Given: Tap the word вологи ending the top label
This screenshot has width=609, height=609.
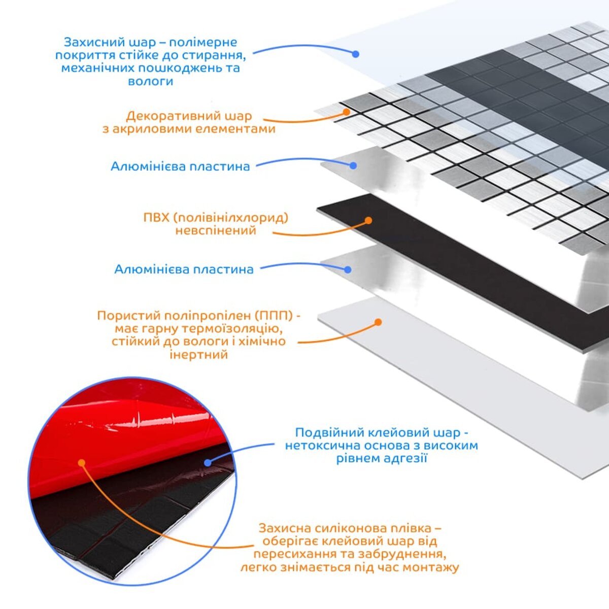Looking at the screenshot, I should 151,81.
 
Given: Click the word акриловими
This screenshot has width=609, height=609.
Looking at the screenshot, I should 155,129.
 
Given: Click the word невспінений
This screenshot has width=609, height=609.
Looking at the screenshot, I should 216,231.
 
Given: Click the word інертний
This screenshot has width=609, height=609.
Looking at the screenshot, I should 198,354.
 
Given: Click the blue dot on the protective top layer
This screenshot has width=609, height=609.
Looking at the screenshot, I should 356,53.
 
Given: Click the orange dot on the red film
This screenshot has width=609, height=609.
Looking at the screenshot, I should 81,462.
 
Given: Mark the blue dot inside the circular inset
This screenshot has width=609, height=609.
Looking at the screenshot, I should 207,462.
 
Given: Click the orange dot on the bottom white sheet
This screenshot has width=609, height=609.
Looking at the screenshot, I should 378,322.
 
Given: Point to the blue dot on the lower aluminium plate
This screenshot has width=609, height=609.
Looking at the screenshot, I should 348,269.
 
